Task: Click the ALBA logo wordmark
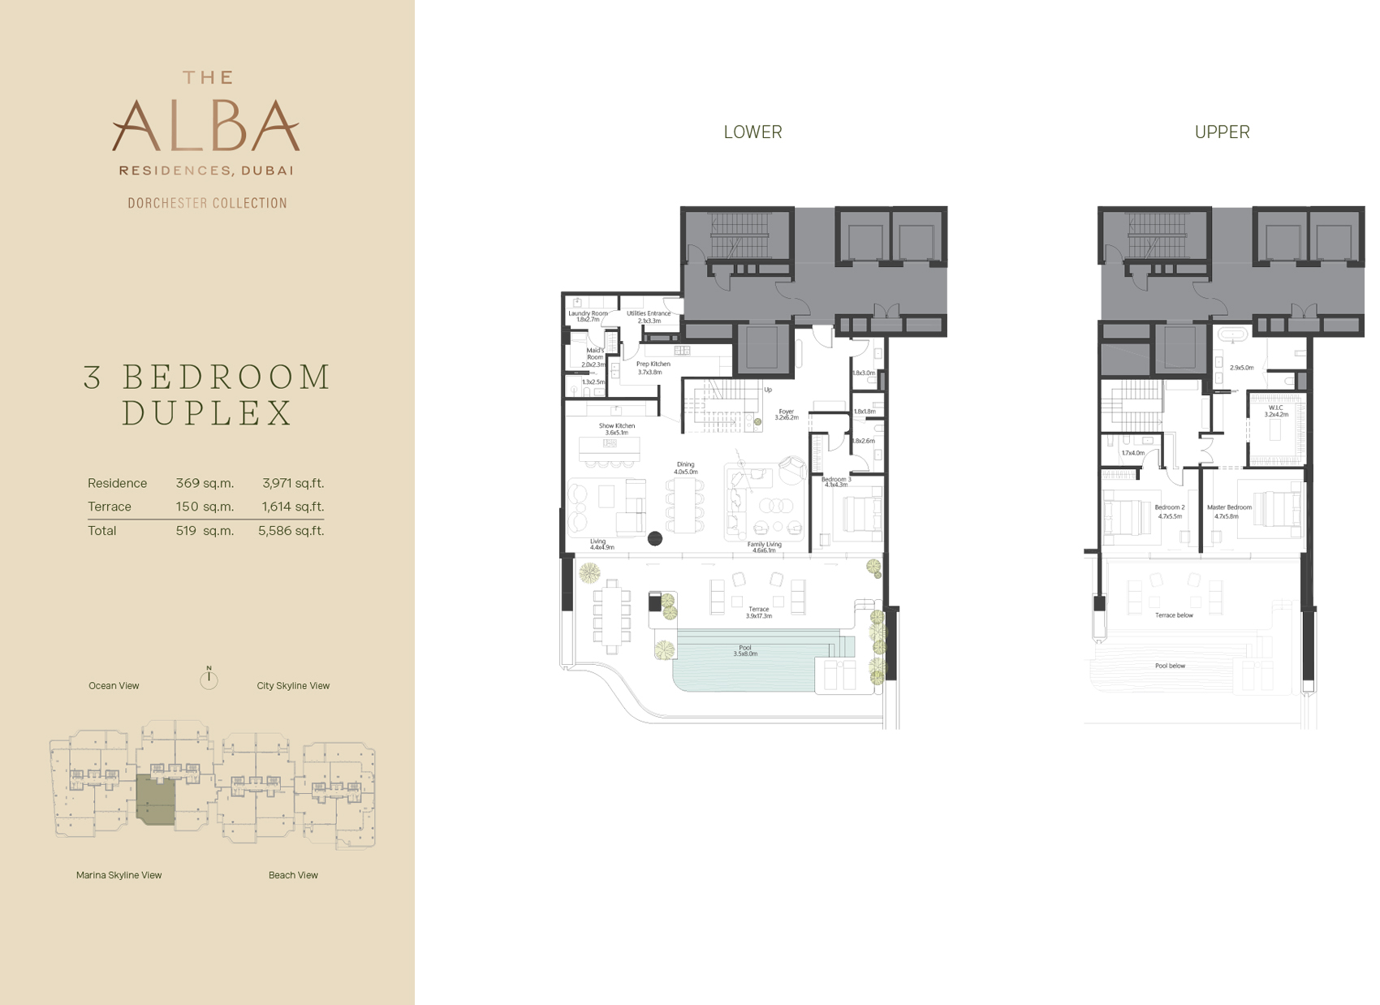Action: coord(206,126)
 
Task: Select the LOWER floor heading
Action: coord(753,132)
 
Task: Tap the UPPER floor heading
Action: coord(1222,132)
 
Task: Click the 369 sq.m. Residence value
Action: coord(205,483)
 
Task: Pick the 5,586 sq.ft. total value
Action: coord(291,531)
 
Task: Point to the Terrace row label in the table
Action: coord(110,507)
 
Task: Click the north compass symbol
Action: coord(209,679)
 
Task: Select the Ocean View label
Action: coord(114,686)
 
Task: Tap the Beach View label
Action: coord(293,875)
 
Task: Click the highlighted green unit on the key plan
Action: coord(156,799)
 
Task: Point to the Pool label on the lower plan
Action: coord(745,648)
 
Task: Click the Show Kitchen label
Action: coord(617,426)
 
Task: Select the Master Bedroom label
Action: coord(1229,507)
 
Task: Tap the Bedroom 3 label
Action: coord(836,480)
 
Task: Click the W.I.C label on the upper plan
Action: coord(1276,408)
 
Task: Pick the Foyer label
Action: coord(786,412)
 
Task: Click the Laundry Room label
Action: coord(588,313)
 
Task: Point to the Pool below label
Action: coord(1170,666)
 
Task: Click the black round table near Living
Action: coord(655,537)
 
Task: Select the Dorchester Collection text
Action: coord(207,203)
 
